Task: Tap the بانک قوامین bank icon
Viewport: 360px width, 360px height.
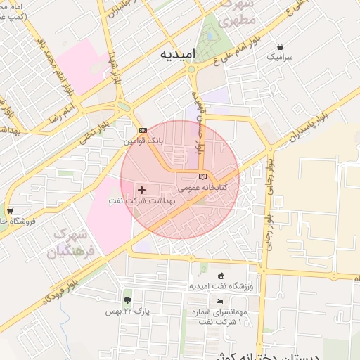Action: (143, 131)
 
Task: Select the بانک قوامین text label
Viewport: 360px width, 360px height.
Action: (143, 141)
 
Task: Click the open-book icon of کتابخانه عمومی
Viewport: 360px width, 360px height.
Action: (203, 176)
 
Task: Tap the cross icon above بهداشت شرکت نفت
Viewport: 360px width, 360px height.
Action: (142, 190)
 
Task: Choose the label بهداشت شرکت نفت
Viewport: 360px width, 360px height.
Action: (141, 201)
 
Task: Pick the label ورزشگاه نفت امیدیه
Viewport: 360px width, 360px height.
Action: (221, 287)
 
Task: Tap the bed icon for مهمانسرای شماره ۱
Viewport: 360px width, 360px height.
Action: (220, 301)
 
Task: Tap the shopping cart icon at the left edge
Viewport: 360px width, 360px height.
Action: (9, 211)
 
